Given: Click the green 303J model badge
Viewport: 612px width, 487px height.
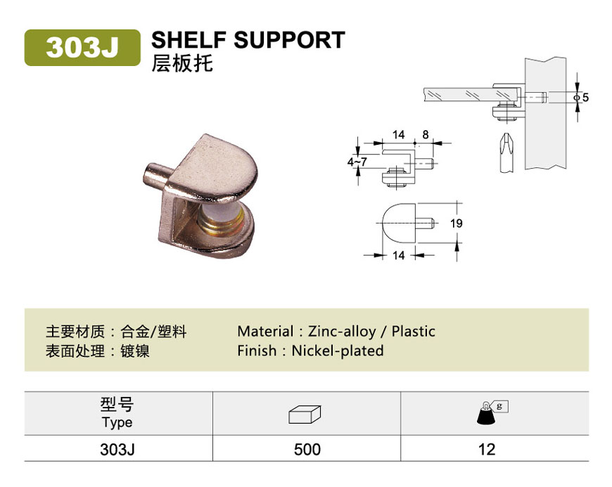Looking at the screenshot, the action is tap(82, 48).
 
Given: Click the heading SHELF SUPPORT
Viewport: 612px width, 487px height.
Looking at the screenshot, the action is tap(248, 40).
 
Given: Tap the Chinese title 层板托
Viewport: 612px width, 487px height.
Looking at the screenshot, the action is tap(182, 63).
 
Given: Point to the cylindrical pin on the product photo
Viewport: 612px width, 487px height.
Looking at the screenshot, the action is tap(155, 176).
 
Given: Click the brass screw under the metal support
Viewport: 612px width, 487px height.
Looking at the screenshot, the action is tap(219, 223).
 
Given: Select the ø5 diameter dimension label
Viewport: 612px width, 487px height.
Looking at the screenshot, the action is tap(581, 97).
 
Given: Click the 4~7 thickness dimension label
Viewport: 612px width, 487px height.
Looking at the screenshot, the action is tap(357, 162).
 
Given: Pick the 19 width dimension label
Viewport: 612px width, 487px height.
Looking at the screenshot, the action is tap(457, 223).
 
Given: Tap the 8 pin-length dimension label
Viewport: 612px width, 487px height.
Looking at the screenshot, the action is tap(426, 134).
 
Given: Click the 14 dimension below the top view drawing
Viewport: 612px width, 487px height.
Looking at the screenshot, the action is tap(398, 255).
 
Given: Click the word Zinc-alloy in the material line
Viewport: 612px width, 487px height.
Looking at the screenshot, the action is tap(342, 332).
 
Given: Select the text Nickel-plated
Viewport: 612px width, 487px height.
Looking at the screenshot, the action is tap(338, 351).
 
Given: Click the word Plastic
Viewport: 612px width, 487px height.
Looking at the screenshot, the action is tap(414, 332).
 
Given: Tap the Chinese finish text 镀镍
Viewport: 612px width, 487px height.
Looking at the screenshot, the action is tap(135, 351).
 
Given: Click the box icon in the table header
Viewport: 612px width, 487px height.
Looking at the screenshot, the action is tap(305, 415).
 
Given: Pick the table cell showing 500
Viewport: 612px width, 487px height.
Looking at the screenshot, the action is tap(307, 450).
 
